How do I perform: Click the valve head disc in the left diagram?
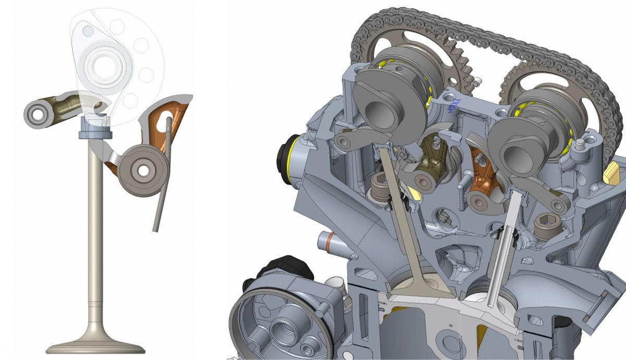[x=95, y=346]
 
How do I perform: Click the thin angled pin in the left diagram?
[x=162, y=177]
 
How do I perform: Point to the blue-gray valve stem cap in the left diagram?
[x=95, y=130]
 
